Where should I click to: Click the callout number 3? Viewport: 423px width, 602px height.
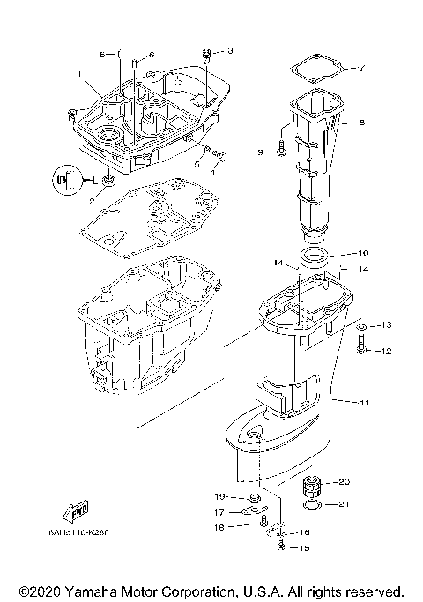pos(230,51)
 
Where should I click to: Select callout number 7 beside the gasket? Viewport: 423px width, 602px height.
pos(360,68)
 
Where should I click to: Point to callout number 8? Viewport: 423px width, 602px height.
pos(360,123)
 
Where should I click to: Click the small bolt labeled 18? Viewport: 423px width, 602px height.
pos(263,526)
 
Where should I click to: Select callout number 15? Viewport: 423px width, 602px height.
pos(305,548)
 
